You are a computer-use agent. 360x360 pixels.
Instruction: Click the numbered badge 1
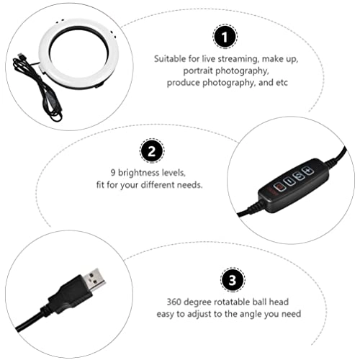pos(225,37)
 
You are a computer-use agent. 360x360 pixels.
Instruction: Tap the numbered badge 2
pos(152,151)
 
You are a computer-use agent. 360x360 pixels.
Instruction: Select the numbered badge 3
pos(233,279)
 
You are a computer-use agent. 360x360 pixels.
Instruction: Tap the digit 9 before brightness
pos(113,173)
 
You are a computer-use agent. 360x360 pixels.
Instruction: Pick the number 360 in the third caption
pos(174,302)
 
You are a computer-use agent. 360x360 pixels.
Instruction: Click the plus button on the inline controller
pos(308,171)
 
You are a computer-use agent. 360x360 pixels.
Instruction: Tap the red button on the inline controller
pos(279,188)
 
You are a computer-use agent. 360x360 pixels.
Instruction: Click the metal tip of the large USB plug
pos(94,279)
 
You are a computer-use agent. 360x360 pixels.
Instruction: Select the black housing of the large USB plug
pos(68,294)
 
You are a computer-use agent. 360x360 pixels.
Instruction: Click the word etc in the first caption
pos(282,83)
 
